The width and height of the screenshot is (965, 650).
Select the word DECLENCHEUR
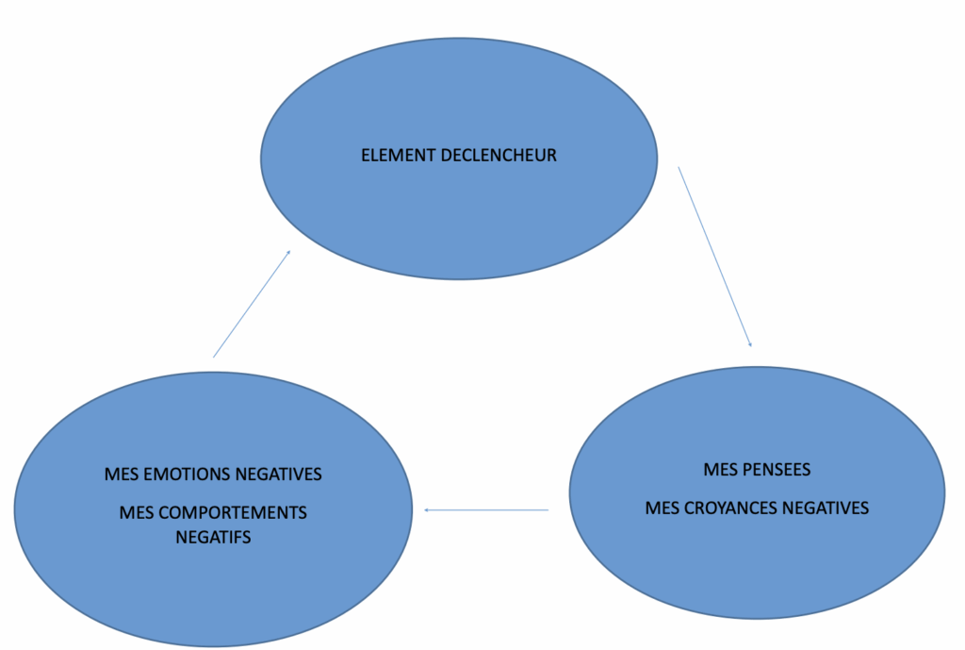point(499,156)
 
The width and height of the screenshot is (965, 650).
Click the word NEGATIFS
point(213,539)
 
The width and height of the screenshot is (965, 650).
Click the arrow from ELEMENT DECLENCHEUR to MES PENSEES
point(714,256)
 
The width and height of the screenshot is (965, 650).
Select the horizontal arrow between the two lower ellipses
point(486,510)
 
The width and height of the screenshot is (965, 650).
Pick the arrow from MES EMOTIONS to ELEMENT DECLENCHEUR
point(252,304)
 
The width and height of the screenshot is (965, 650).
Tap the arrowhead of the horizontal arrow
point(427,510)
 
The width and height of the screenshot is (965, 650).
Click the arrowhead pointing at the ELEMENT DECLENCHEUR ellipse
point(287,253)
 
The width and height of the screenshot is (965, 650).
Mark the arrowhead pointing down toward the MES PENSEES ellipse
point(750,344)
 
